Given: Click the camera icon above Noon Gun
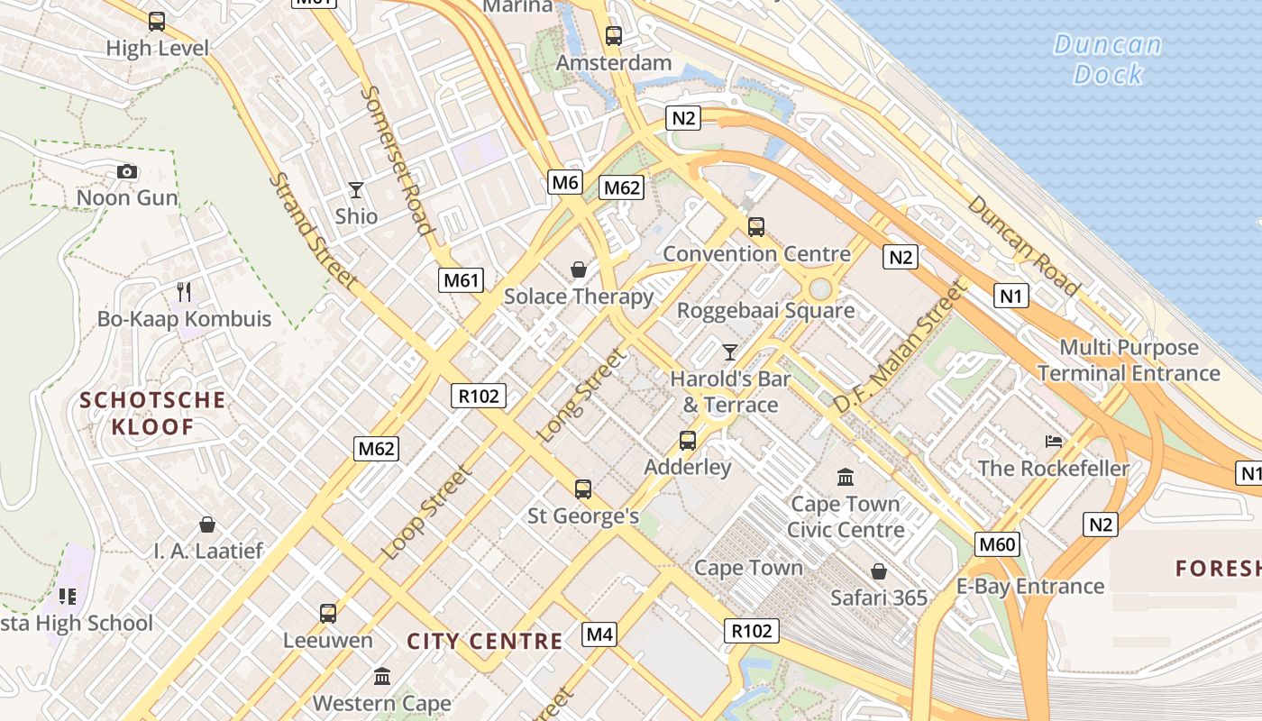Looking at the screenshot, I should click(127, 171).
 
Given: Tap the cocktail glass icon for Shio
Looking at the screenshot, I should click(356, 190).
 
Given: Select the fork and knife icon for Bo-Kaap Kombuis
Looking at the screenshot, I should click(184, 291).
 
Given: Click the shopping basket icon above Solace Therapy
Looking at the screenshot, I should click(579, 269).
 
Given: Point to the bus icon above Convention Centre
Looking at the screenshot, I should click(755, 227).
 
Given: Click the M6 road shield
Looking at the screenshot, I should click(564, 183).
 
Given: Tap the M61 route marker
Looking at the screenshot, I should click(461, 280).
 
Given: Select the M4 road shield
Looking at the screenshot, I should click(599, 634).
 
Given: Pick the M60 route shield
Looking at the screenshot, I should click(997, 543).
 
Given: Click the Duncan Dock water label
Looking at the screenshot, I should click(1108, 59).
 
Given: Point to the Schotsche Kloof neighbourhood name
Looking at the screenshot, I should click(152, 413).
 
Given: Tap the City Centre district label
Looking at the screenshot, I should click(485, 642).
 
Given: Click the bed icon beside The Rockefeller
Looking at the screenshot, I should click(1053, 442).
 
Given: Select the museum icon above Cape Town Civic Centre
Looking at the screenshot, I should click(846, 477).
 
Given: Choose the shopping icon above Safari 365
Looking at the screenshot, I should click(878, 571).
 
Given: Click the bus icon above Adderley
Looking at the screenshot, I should click(688, 441).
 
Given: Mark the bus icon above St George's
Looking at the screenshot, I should click(583, 489).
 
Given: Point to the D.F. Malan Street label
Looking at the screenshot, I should click(899, 347).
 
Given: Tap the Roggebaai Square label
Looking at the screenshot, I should click(765, 311).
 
